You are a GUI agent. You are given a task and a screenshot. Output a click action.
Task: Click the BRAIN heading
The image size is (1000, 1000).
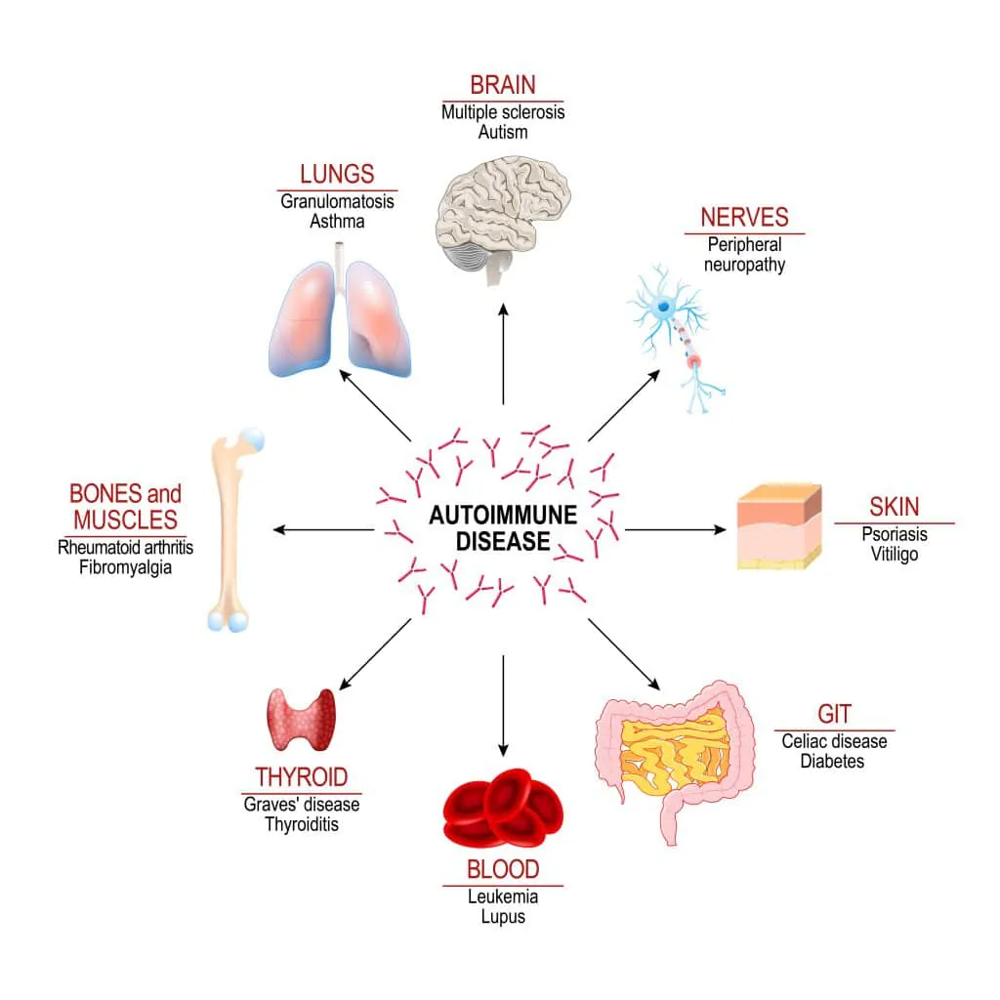(x=503, y=84)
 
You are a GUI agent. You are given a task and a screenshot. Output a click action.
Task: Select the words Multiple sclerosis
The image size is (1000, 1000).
(x=503, y=112)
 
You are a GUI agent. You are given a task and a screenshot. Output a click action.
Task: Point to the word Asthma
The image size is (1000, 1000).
(x=337, y=221)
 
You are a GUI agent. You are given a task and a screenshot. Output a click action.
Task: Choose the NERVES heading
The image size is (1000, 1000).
(x=744, y=217)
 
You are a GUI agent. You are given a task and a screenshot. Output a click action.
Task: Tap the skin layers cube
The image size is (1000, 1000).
(x=777, y=526)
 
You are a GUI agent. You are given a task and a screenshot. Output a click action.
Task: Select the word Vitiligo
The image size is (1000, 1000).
(x=894, y=555)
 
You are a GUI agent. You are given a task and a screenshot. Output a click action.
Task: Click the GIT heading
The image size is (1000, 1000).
(x=834, y=716)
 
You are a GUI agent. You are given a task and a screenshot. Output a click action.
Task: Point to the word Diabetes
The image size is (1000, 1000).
(x=832, y=761)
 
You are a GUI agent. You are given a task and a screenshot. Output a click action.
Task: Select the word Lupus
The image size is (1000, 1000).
(x=503, y=916)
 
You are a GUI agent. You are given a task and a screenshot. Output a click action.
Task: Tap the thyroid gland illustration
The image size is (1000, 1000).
(x=303, y=719)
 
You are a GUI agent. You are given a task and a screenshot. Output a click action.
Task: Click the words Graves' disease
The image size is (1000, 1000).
(x=302, y=805)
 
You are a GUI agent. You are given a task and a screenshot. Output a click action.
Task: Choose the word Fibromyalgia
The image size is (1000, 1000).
(x=125, y=566)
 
